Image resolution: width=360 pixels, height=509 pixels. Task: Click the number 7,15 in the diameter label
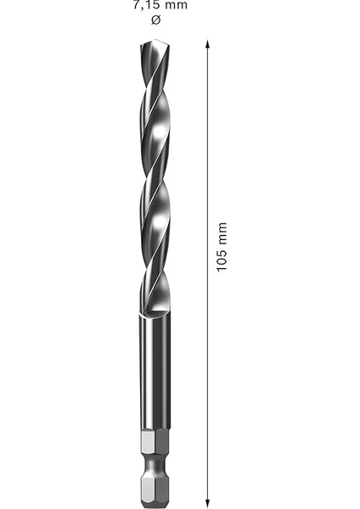(x=147, y=6)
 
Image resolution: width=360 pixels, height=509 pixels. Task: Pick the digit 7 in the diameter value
(x=136, y=6)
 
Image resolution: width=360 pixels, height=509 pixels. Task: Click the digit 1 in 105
(x=222, y=269)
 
